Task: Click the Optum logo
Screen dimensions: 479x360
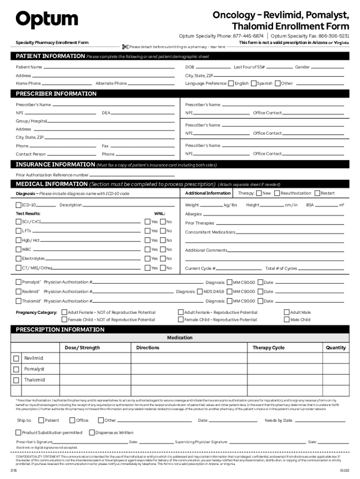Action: click(47, 20)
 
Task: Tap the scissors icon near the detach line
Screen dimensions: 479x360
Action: click(125, 46)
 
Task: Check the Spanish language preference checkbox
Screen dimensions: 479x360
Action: click(253, 83)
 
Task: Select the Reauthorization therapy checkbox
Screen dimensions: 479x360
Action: click(277, 193)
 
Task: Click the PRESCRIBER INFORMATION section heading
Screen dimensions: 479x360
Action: click(56, 94)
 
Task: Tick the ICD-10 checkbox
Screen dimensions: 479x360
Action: click(18, 205)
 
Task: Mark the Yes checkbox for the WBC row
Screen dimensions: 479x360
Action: click(147, 249)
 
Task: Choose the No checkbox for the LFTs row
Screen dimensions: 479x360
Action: click(163, 231)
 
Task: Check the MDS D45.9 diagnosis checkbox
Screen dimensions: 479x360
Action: click(200, 291)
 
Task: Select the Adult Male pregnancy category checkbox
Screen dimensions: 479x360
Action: click(287, 312)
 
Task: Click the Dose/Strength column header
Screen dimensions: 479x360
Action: click(82, 348)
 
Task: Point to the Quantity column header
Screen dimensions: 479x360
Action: click(336, 348)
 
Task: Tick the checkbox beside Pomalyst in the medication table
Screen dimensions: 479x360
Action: click(16, 370)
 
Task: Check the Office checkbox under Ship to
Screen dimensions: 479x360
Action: click(72, 420)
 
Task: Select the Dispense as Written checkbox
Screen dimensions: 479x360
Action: click(92, 433)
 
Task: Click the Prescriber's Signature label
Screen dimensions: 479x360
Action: click(34, 442)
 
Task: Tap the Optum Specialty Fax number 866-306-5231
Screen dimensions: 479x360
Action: click(336, 36)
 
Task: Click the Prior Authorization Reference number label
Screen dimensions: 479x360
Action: click(52, 175)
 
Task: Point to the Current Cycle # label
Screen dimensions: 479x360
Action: click(200, 269)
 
